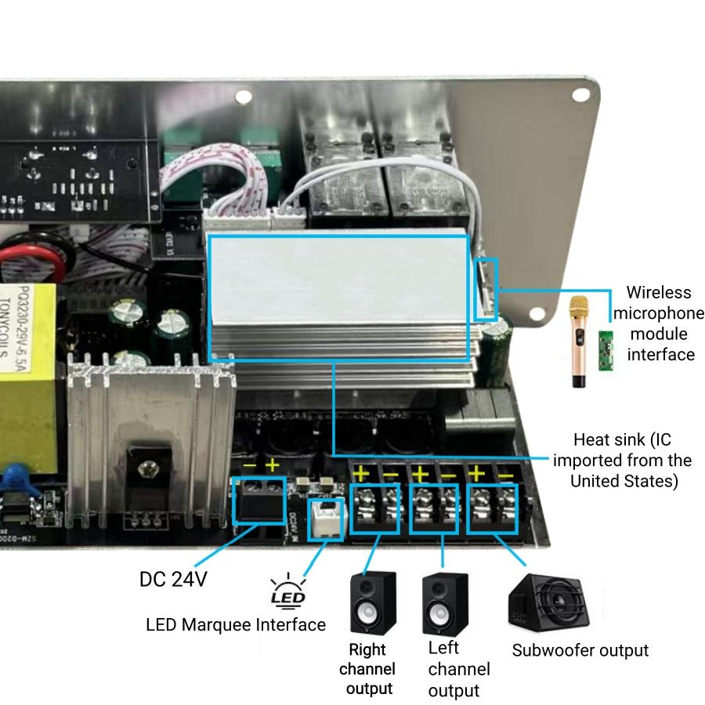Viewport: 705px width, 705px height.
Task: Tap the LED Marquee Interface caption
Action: pyautogui.click(x=236, y=624)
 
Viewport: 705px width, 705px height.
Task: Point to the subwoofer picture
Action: pyautogui.click(x=548, y=604)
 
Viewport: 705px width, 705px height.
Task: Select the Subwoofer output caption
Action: pyautogui.click(x=580, y=650)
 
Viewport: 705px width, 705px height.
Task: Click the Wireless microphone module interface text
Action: pyautogui.click(x=658, y=324)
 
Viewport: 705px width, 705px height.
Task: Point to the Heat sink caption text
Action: pyautogui.click(x=622, y=460)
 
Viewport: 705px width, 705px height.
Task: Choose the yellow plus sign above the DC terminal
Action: pyautogui.click(x=273, y=466)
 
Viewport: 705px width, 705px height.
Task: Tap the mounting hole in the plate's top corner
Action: pyautogui.click(x=580, y=94)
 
